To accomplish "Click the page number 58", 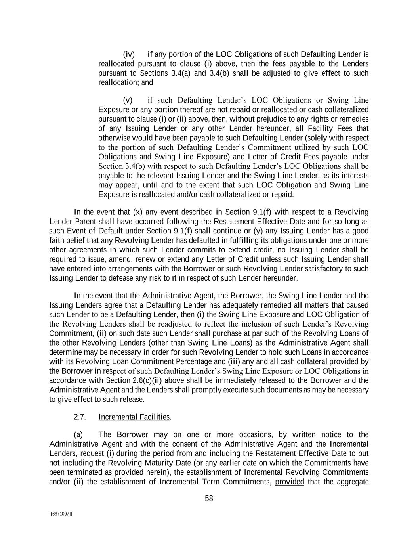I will pyautogui.click(x=209, y=499).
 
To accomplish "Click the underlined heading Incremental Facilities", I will pyautogui.click(x=134, y=417).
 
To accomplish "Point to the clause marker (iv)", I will pyautogui.click(x=129, y=54).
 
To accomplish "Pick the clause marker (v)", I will pyautogui.click(x=128, y=100).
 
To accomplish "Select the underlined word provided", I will pyautogui.click(x=289, y=482).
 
